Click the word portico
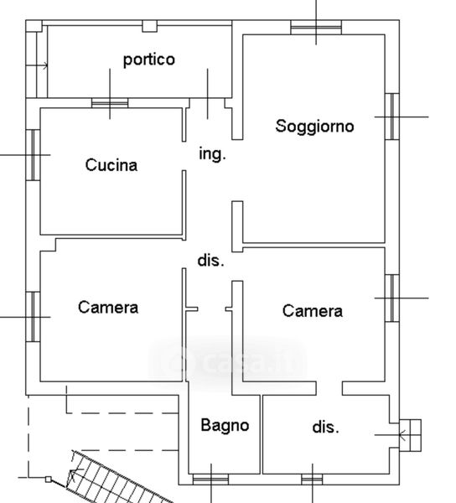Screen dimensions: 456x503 coord(149,60)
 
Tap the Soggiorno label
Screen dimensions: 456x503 coord(314,126)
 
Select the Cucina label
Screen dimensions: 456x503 coord(111,165)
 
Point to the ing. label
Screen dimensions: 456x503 coord(212,153)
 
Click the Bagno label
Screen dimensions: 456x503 coord(225,425)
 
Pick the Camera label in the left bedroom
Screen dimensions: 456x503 coord(108,308)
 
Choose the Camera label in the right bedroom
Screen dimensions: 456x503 coord(313,311)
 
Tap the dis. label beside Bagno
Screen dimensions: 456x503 coord(325,428)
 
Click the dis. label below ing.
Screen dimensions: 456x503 coord(210,260)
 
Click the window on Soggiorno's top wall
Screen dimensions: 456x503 coord(316,28)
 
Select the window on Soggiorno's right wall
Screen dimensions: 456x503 coord(391,117)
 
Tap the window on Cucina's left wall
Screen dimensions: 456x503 coord(33,155)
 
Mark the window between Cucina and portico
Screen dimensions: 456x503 coord(110,103)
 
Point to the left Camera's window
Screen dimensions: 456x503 coord(33,317)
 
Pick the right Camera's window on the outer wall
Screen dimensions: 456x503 coord(391,298)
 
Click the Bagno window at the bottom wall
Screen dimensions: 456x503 coord(210,480)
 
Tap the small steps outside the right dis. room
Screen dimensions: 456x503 coord(410,435)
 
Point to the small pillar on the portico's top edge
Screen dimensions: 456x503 coord(149,26)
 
